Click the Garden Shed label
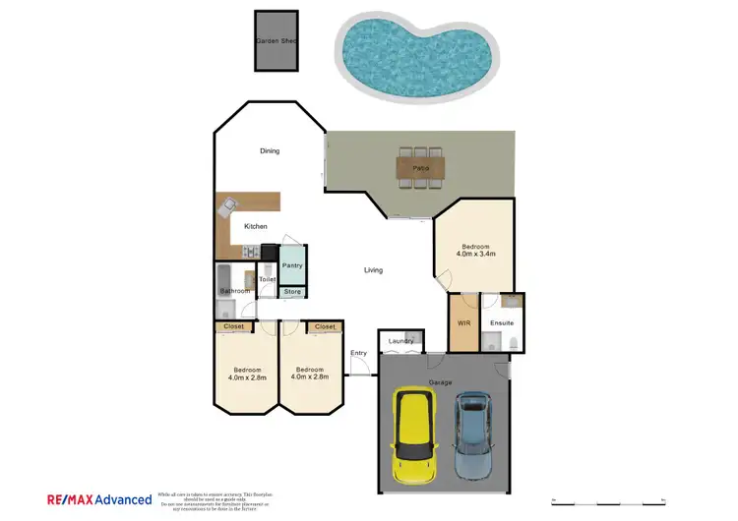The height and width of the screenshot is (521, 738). pos(277,41)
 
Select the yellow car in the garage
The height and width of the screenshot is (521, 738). pos(414,435)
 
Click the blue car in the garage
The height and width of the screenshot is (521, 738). pos(473,433)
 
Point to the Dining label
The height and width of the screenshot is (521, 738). pos(270,151)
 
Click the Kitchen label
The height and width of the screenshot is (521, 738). pos(256,227)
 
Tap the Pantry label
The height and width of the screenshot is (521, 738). pos(292,265)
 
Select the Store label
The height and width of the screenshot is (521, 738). pos(292,292)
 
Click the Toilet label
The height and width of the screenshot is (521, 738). pos(267,279)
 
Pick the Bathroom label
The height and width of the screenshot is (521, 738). pos(234,291)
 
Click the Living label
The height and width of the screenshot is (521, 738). pos(373,270)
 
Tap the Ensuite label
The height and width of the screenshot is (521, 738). pos(502,323)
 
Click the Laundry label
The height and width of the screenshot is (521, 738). pos(400,341)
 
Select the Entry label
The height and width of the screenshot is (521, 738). pos(358,353)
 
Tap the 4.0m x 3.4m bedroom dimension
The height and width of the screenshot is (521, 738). pos(474,254)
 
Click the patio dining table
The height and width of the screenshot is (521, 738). pos(420,168)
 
